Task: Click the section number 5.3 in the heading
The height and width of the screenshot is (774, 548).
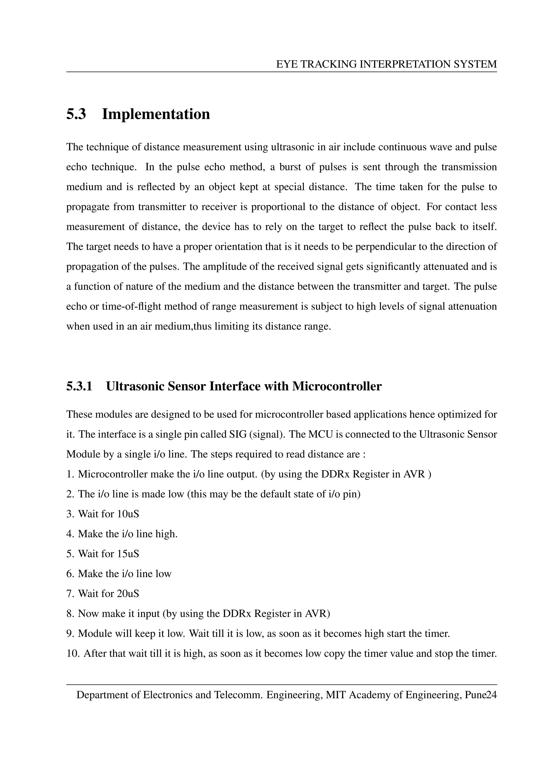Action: point(76,114)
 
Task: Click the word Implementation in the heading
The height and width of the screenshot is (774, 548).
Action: point(156,114)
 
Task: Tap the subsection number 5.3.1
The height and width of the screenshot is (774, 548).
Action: point(79,386)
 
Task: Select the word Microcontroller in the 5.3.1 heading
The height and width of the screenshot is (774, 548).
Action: point(337,386)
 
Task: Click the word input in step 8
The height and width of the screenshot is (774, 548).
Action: point(148,614)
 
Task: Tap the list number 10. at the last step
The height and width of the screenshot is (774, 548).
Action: point(73,654)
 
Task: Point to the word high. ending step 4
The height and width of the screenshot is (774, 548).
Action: point(166,534)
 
